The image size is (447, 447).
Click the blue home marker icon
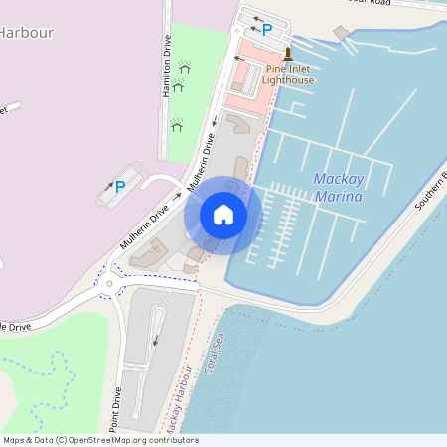(223, 215)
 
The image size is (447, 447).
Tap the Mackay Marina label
(338, 188)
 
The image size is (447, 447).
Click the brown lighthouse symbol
(288, 53)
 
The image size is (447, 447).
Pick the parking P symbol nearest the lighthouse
(266, 30)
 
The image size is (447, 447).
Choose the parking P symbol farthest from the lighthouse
(120, 186)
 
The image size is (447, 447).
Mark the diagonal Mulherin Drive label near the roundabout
(145, 227)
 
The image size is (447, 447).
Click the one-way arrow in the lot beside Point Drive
(155, 341)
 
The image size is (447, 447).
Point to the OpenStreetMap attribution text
(100, 440)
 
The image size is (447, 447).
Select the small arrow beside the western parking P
(108, 185)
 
